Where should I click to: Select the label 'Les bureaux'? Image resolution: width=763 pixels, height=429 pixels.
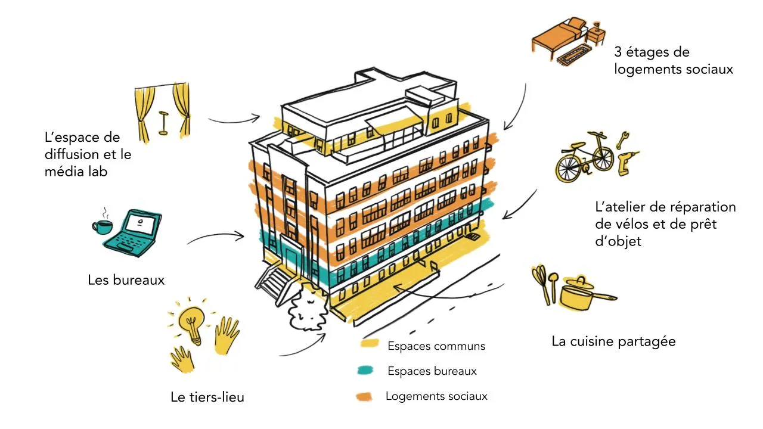(x=126, y=279)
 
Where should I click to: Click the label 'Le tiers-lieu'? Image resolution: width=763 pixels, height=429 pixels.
(x=207, y=397)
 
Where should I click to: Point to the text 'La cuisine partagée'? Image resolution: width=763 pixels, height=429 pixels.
(x=613, y=341)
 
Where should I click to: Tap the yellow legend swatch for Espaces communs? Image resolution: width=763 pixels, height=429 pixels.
(x=370, y=344)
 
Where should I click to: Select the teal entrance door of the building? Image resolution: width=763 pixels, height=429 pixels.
(x=293, y=261)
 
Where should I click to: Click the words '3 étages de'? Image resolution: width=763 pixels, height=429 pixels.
(x=652, y=52)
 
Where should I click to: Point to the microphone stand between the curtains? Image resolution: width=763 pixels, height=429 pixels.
(x=162, y=122)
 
